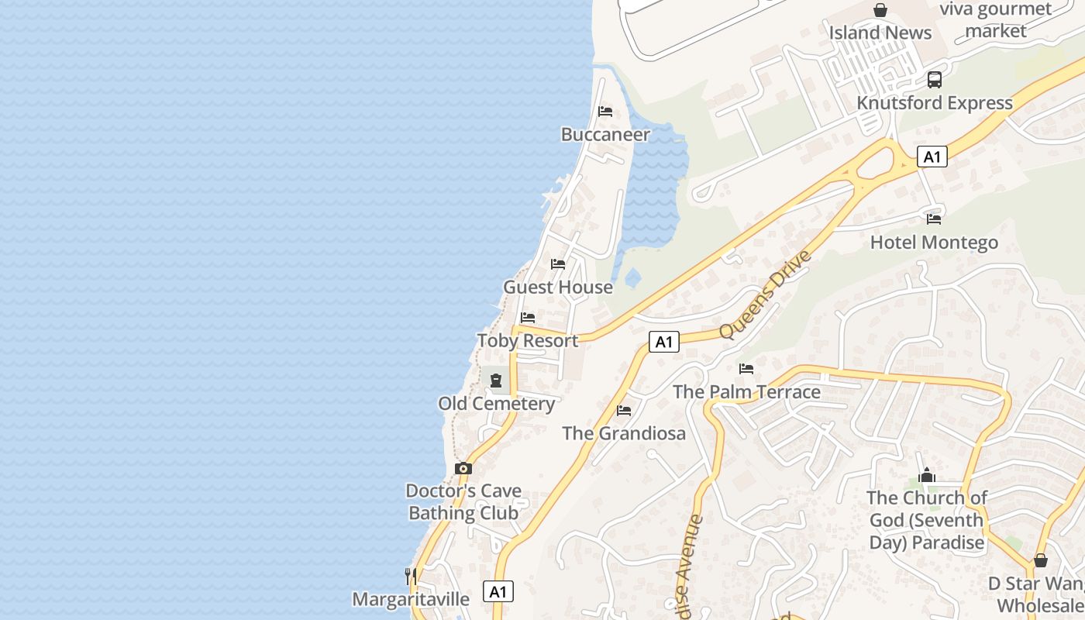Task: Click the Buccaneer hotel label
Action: pos(605,135)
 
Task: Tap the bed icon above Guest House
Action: pos(558,264)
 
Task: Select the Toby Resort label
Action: pos(528,341)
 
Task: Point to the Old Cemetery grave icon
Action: pos(496,381)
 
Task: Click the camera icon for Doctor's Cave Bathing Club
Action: pos(463,468)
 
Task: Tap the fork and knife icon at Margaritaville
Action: pos(410,576)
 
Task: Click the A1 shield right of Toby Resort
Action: pos(663,342)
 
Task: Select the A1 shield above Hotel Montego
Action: pos(932,157)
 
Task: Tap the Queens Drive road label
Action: pos(765,294)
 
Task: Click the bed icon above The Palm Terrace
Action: pos(746,369)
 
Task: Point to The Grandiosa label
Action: pos(624,433)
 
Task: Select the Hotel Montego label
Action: pos(934,243)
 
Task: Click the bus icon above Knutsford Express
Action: pos(935,79)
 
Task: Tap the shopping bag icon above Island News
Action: pos(880,10)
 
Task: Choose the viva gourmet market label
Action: pos(996,20)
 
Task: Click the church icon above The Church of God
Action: pos(927,475)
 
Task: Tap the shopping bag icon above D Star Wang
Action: pos(1041,560)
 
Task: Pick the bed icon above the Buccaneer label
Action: pos(605,112)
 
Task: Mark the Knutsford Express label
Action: pos(934,103)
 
